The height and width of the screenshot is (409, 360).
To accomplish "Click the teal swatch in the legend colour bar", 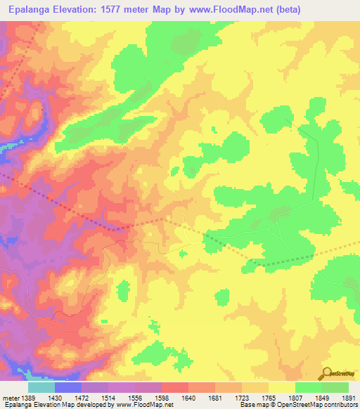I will (41, 387).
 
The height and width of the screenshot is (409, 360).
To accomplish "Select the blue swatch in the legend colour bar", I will (68, 387).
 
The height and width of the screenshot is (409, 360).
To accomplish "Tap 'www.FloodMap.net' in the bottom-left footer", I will (140, 405).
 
